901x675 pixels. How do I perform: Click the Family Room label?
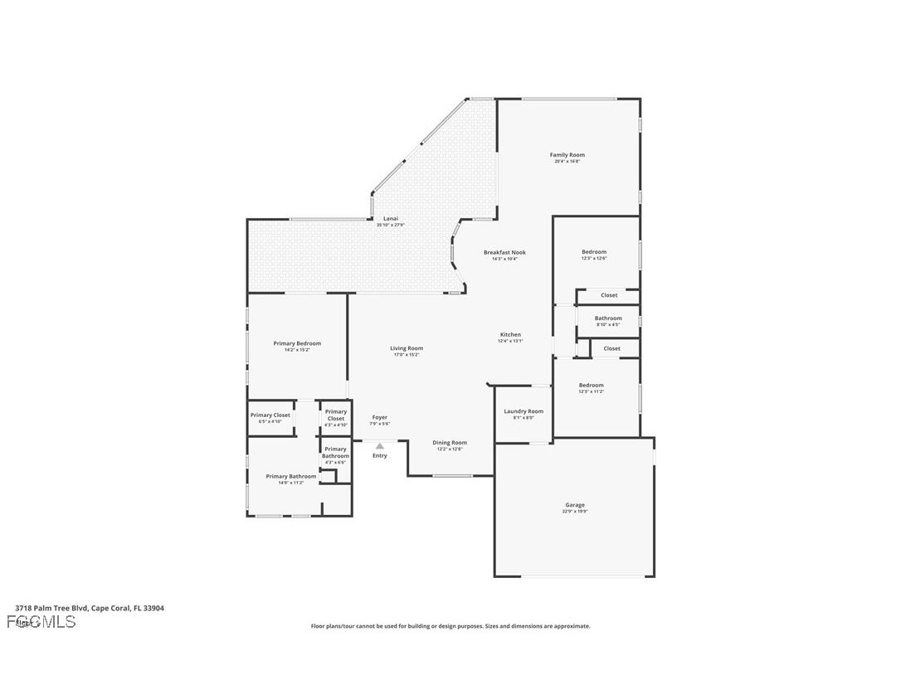[x=567, y=155]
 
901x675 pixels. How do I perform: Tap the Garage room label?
[x=575, y=505]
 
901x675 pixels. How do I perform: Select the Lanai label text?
[x=391, y=219]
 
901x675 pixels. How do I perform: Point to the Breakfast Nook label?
[x=504, y=253]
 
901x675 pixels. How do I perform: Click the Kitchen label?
[x=510, y=335]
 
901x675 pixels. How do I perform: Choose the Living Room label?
[x=407, y=348]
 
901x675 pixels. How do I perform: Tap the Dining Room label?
[x=450, y=443]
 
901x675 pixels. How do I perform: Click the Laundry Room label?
[x=524, y=411]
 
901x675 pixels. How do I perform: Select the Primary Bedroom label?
[x=297, y=343]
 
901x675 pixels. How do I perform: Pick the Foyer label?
[x=379, y=418]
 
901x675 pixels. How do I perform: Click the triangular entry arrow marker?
[x=380, y=446]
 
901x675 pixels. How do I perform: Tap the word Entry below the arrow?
[x=380, y=455]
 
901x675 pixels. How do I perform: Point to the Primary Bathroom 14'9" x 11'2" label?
[x=290, y=479]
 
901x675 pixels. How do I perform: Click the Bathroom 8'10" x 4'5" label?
[x=608, y=321]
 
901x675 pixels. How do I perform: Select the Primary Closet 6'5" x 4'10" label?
[x=270, y=418]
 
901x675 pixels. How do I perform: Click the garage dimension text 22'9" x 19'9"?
[x=575, y=512]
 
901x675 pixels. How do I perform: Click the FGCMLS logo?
[x=41, y=622]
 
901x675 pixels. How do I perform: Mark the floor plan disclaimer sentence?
[x=450, y=626]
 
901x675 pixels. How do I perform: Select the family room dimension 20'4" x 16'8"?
[x=567, y=162]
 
